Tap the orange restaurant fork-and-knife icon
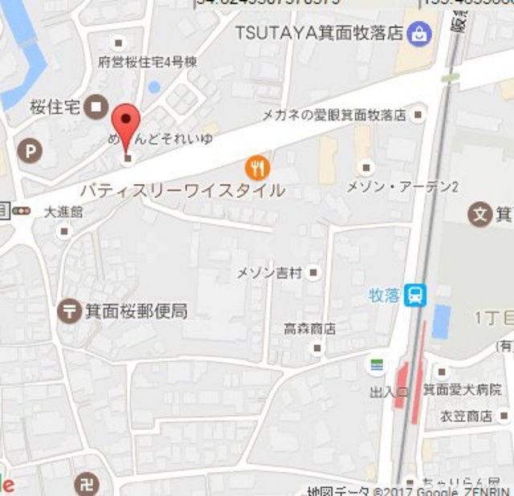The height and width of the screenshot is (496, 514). point(257,167)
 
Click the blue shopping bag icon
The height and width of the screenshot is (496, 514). point(419,34)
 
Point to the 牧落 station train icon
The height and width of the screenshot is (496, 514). point(415,296)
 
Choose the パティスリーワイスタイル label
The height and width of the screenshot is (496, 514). point(182,191)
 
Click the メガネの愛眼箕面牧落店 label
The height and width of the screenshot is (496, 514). point(334,116)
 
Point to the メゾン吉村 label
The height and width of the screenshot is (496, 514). point(268,273)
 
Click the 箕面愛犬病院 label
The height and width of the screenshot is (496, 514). point(474,389)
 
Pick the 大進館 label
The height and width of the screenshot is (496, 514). point(64,212)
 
